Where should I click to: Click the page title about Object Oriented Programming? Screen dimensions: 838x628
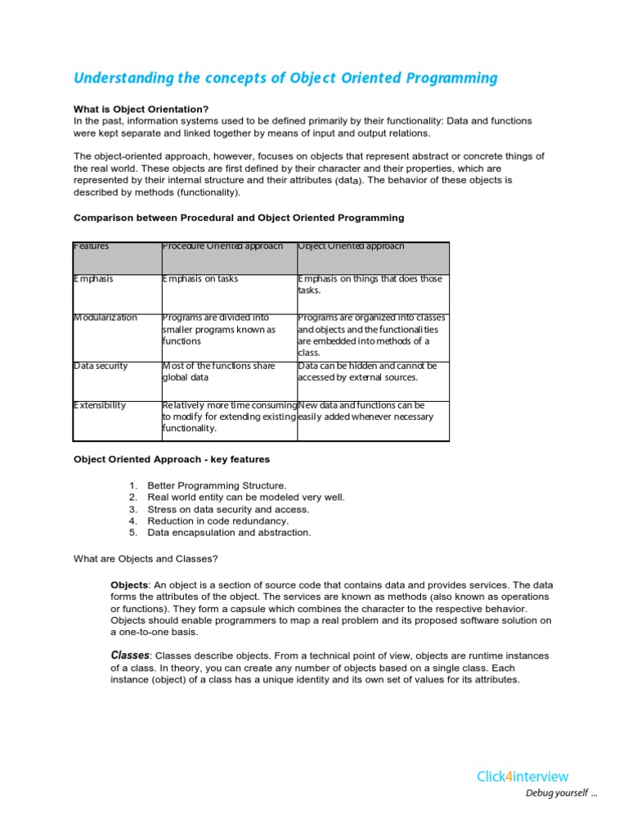click(285, 79)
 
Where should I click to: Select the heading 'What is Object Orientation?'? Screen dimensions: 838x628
click(141, 109)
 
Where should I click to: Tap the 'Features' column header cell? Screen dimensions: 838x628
click(92, 246)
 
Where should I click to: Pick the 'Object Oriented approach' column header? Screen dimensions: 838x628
click(352, 246)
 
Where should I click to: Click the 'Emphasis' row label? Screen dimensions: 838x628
click(94, 279)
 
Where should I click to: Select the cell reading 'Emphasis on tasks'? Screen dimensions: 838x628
click(200, 279)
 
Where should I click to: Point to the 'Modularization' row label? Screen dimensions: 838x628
click(105, 318)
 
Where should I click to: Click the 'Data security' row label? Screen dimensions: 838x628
click(101, 366)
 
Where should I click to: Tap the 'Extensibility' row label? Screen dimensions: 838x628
click(100, 405)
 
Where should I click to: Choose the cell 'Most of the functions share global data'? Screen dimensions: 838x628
click(219, 372)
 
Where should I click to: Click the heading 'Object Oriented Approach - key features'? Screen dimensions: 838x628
click(172, 460)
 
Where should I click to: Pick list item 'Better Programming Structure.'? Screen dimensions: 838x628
click(217, 485)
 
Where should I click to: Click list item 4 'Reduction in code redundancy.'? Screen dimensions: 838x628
click(218, 520)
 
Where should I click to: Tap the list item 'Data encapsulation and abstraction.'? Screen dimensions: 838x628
click(229, 533)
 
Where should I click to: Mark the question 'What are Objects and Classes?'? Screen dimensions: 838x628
click(146, 559)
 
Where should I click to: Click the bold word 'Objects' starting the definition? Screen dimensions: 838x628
click(129, 585)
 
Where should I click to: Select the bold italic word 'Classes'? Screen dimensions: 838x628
click(130, 656)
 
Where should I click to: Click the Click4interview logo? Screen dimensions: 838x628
click(523, 777)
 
